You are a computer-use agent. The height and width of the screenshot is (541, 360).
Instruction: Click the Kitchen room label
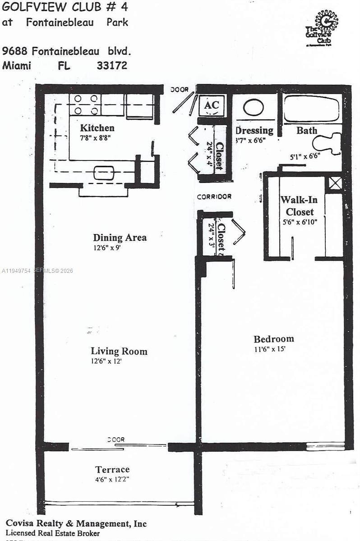[x=97, y=128]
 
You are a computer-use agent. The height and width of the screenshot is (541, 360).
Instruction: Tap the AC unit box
[x=212, y=105]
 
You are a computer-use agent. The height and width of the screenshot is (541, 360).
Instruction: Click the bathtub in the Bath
[x=311, y=109]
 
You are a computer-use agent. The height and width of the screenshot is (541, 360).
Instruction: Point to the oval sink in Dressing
[x=254, y=108]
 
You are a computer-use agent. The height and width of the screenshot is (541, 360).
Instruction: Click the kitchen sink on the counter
[x=104, y=172]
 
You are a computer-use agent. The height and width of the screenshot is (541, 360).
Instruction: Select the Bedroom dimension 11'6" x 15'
[x=270, y=348]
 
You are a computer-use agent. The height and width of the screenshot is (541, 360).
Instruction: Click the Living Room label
[x=119, y=351]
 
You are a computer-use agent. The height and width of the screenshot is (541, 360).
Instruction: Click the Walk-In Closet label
[x=297, y=206]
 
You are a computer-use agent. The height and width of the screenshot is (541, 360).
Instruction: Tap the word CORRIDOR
[x=214, y=197]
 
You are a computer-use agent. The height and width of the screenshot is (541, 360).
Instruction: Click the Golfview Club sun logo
[x=326, y=22]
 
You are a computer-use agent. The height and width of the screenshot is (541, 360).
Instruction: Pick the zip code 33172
[x=112, y=65]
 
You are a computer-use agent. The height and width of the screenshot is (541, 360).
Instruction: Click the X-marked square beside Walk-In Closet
[x=334, y=183]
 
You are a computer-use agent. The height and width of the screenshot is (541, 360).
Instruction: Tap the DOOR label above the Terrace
[x=116, y=440]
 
